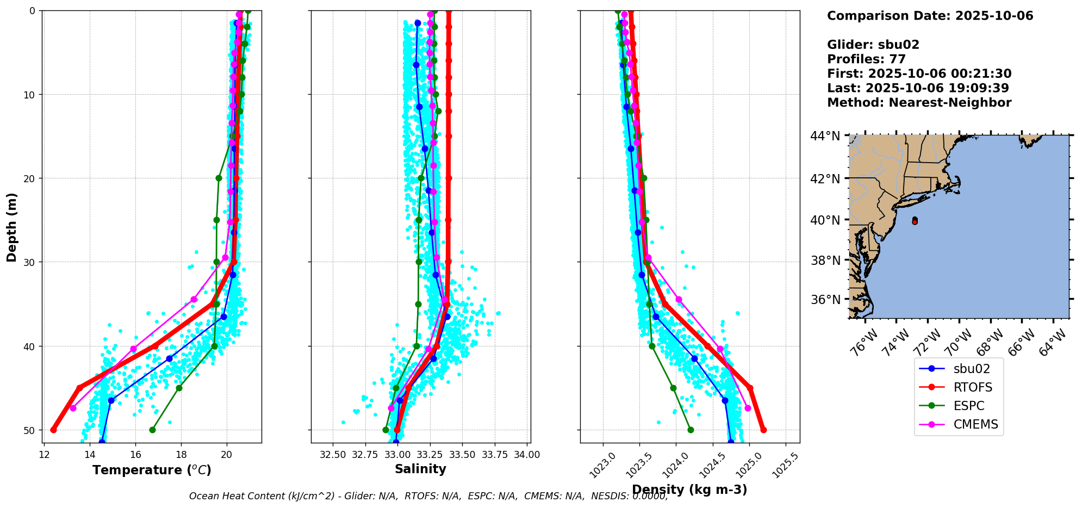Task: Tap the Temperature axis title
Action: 152,470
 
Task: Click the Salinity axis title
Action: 420,469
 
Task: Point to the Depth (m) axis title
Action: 12,227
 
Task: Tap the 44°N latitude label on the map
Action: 825,136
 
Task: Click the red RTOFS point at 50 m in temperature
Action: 53,430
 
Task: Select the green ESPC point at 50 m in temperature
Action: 152,430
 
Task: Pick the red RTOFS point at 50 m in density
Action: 763,430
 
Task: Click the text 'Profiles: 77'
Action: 866,59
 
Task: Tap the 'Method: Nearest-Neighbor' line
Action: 919,103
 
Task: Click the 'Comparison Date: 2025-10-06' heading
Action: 930,16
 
